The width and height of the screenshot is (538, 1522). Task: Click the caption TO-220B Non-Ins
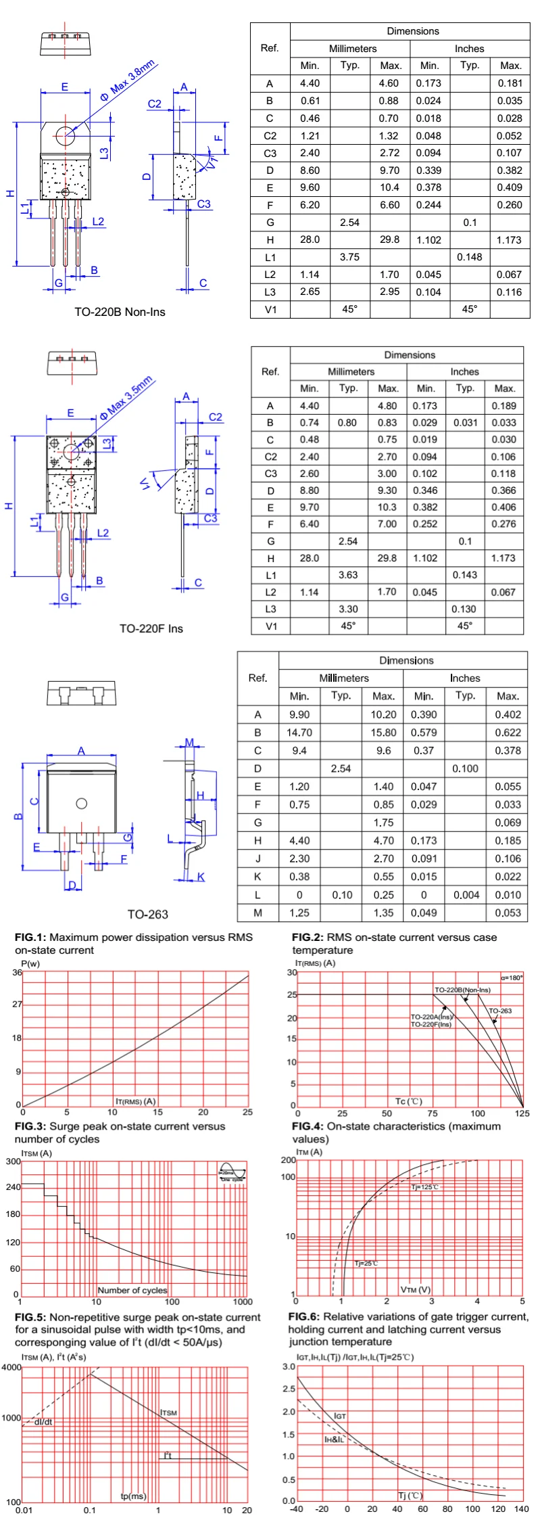pos(120,312)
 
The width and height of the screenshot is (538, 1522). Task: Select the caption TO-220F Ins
pos(151,628)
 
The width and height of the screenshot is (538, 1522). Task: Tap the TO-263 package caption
pos(147,915)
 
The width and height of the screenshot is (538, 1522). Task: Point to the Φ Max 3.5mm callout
pos(127,398)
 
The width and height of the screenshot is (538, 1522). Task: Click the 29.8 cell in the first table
pos(390,239)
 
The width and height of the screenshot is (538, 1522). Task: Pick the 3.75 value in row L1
pos(349,257)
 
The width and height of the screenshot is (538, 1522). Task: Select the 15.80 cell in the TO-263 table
pos(383,733)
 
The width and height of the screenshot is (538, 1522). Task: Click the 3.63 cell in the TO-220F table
pos(348,575)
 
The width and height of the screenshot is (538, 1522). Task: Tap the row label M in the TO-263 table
pos(258,913)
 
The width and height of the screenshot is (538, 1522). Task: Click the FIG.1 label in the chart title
pos(30,938)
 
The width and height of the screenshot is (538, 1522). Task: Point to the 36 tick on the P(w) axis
pos(17,973)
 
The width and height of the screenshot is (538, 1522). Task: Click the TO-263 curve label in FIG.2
pos(500,1011)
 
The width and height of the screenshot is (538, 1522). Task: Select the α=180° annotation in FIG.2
pos(512,977)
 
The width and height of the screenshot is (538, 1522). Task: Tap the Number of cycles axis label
pos(132,1290)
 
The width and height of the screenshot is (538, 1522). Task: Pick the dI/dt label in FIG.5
pos(43,1421)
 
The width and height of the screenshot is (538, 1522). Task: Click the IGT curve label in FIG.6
pos(340,1416)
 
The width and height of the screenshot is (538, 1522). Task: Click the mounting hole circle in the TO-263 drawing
pos(81,804)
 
